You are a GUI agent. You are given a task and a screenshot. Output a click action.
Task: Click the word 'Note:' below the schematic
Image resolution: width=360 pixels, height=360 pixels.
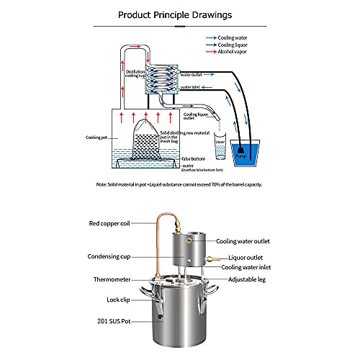point(102,184)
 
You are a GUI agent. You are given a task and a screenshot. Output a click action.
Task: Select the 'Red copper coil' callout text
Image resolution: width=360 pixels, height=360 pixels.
point(112,224)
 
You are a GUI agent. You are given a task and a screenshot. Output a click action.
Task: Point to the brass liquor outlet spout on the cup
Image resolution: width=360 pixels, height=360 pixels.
point(211,257)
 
